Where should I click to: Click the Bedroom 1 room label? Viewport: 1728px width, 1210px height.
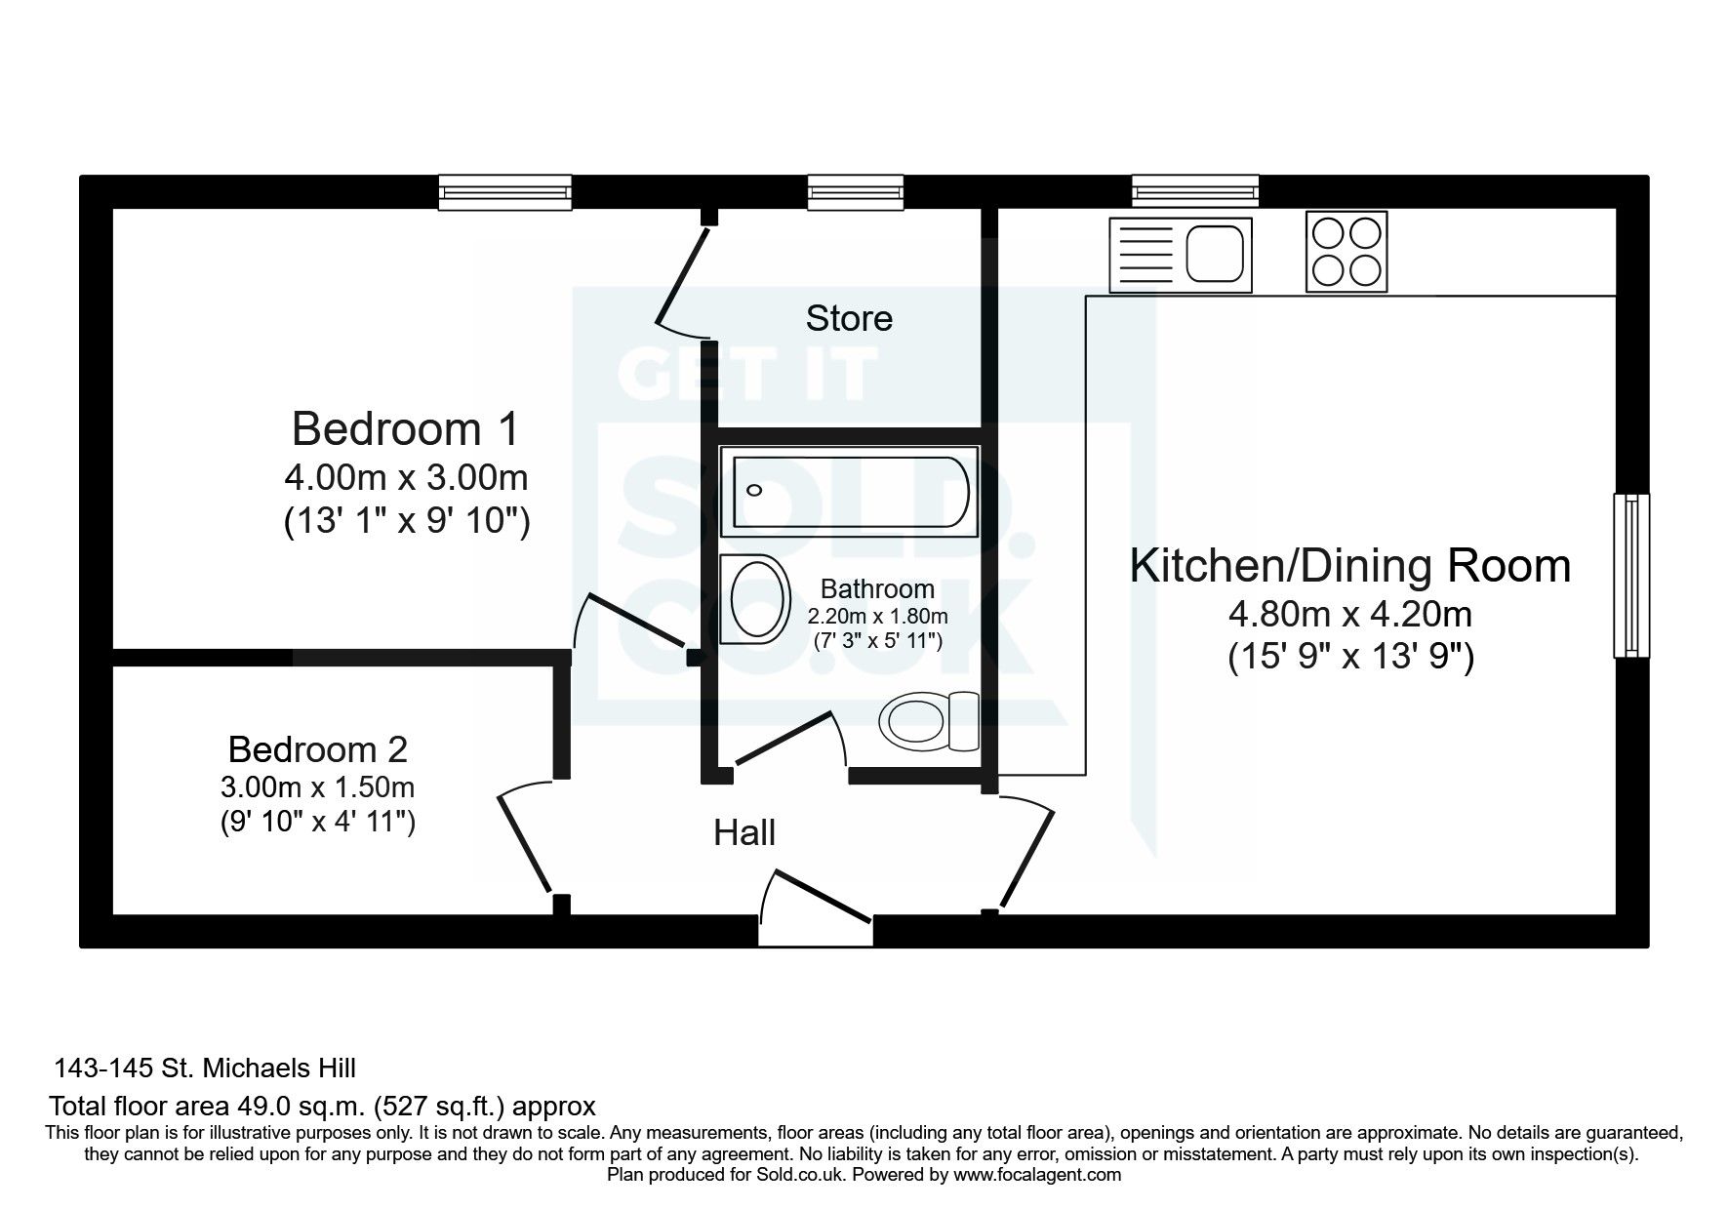[x=406, y=429]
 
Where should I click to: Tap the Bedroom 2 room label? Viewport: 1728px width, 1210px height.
[x=317, y=749]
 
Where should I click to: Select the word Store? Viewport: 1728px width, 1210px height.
[x=849, y=318]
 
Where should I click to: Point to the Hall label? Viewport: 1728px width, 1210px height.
[x=744, y=832]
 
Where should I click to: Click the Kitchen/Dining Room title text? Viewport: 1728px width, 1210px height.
[x=1350, y=566]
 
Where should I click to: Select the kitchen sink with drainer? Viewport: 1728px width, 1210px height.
[x=1180, y=255]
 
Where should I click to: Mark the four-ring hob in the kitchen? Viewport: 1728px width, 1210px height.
[x=1346, y=253]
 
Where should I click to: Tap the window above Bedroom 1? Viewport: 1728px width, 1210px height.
[x=504, y=192]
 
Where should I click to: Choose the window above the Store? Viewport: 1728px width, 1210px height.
[x=855, y=192]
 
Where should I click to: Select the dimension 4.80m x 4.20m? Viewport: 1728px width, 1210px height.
[x=1349, y=615]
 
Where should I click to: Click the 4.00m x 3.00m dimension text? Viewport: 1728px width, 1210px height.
[x=406, y=478]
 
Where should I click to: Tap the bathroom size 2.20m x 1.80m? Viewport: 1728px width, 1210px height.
[x=877, y=617]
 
